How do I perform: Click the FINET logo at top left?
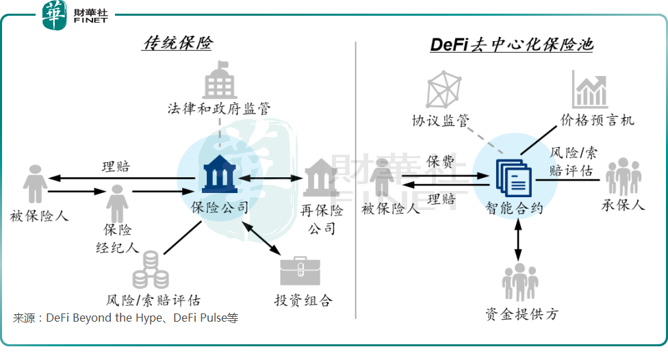75,16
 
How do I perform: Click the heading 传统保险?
177,44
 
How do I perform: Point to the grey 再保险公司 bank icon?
318,177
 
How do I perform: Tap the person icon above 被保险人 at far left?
35,184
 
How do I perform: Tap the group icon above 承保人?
623,176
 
